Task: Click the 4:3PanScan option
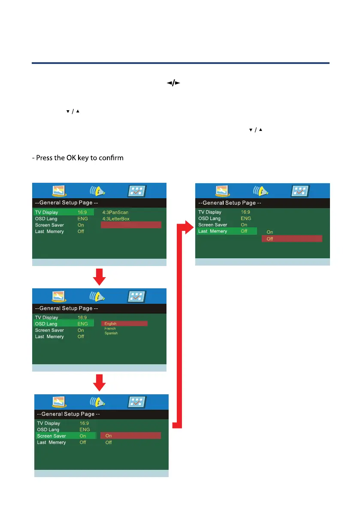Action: tap(115, 212)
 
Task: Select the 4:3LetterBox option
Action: tap(116, 219)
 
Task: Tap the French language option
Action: tap(110, 329)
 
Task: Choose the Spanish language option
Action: tap(111, 333)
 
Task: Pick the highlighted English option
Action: tap(124, 324)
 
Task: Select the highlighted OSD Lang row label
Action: tap(47, 324)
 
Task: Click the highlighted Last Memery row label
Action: tap(212, 231)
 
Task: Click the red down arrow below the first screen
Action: tap(100, 277)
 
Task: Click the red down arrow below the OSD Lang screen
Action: tap(100, 383)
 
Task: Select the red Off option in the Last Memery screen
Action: tap(291, 239)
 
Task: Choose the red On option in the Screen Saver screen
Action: tap(130, 436)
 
